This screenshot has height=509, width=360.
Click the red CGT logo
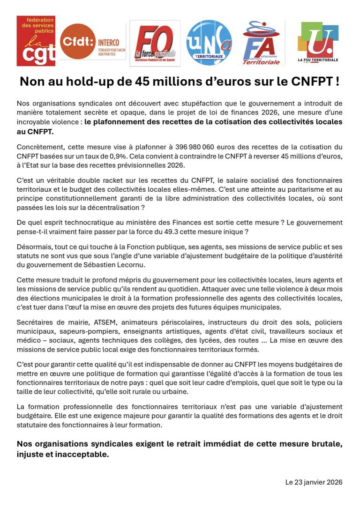click(36, 41)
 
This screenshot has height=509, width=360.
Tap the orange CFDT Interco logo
click(93, 41)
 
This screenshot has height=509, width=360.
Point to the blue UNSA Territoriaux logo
click(209, 42)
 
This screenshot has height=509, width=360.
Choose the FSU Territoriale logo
click(318, 43)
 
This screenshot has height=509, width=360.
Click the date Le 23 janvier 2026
click(314, 482)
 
